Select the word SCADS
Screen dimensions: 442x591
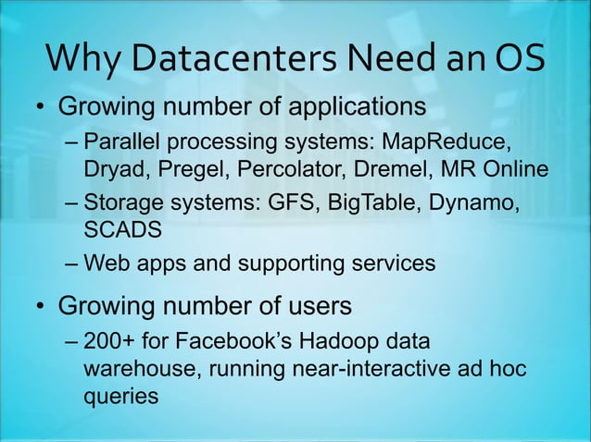point(118,228)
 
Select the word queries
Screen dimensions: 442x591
point(120,396)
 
